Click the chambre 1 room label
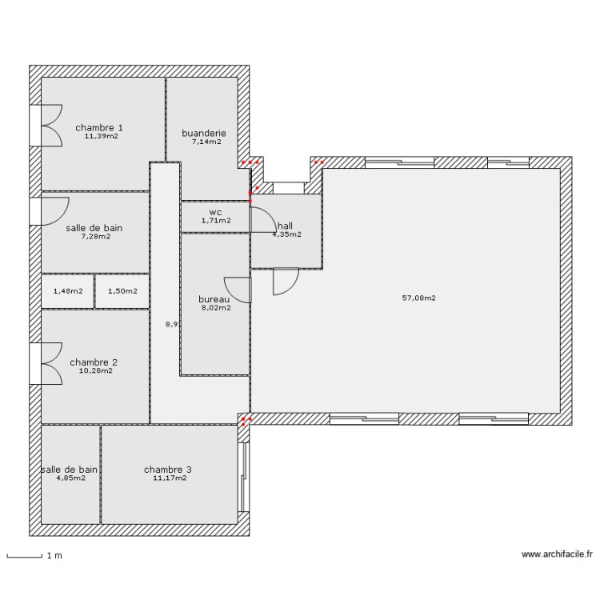click(x=99, y=127)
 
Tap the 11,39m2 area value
click(x=101, y=136)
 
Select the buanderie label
click(x=204, y=133)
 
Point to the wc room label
click(x=215, y=212)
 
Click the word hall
click(x=285, y=226)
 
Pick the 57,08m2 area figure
click(x=418, y=298)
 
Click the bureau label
click(x=213, y=299)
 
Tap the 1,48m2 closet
click(x=67, y=291)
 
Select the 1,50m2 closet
click(x=122, y=291)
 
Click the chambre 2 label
click(x=94, y=362)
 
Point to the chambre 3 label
click(x=168, y=470)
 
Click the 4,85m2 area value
click(x=70, y=478)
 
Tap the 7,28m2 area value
click(x=94, y=236)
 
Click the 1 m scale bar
click(x=24, y=554)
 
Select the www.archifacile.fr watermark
click(x=557, y=554)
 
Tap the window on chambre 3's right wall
click(x=244, y=475)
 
